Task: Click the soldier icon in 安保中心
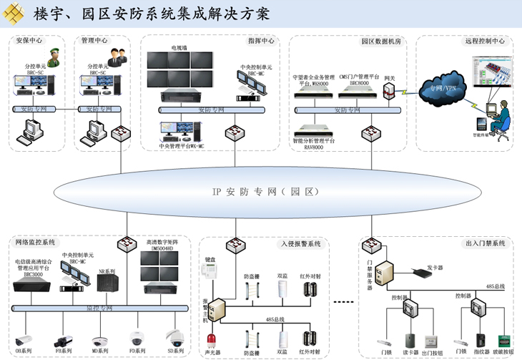[x=53, y=57]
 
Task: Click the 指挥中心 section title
[x=261, y=41]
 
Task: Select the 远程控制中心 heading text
[x=485, y=41]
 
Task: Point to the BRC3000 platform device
[x=33, y=285]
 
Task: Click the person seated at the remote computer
[x=503, y=115]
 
